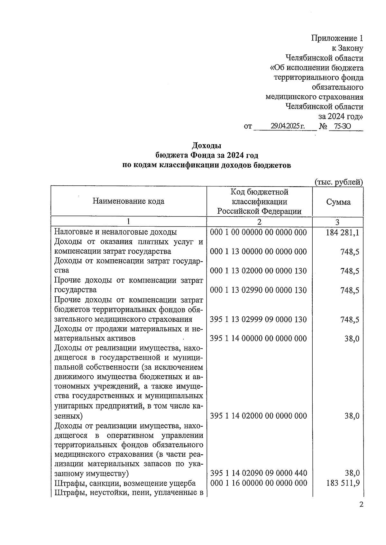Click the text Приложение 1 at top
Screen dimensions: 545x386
point(337,39)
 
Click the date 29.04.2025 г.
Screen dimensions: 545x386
point(287,126)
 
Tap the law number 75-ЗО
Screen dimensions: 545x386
point(343,126)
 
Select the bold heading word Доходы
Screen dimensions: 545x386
point(207,146)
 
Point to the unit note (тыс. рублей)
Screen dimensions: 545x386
point(338,182)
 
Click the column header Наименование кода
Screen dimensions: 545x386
point(128,201)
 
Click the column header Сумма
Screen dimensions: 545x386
point(338,202)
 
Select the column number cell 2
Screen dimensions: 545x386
point(259,222)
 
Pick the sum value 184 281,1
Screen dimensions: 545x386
point(342,232)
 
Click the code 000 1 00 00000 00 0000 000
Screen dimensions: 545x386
point(258,232)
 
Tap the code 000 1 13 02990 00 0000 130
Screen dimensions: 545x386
point(258,290)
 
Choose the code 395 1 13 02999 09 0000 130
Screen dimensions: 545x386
point(258,319)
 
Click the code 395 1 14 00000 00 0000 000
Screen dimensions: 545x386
point(258,338)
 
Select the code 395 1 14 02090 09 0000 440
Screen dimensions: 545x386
point(258,473)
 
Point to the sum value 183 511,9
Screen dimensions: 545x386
point(342,483)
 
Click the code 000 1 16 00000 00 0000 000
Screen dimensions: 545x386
point(258,483)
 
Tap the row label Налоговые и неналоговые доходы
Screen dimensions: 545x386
point(115,232)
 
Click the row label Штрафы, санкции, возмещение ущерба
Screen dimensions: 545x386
point(125,483)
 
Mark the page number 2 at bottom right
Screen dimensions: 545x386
point(361,505)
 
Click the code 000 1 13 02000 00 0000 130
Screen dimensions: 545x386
point(258,271)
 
